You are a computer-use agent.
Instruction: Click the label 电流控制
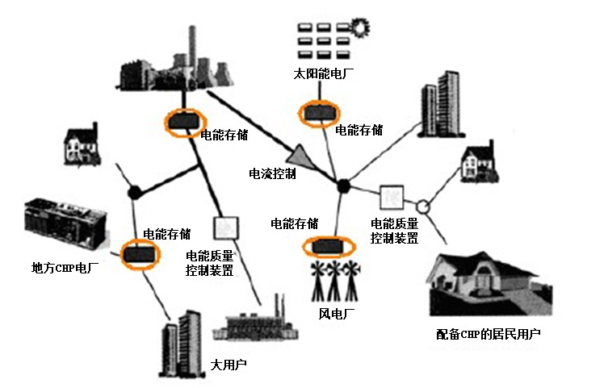click(272, 173)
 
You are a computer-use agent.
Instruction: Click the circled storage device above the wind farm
click(329, 244)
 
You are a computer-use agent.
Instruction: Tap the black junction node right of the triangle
click(343, 186)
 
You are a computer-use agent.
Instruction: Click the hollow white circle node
click(422, 206)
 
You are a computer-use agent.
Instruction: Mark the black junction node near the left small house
click(134, 193)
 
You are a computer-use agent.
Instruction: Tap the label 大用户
click(228, 365)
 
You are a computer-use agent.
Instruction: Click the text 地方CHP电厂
click(65, 266)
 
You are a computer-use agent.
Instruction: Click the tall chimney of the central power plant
click(191, 48)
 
